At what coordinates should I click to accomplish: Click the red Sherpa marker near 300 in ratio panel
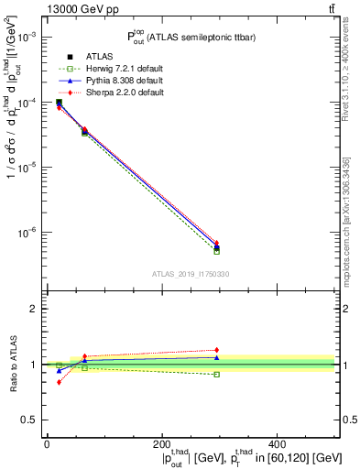pyautogui.click(x=216, y=350)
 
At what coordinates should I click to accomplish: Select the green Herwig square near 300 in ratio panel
pyautogui.click(x=216, y=375)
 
